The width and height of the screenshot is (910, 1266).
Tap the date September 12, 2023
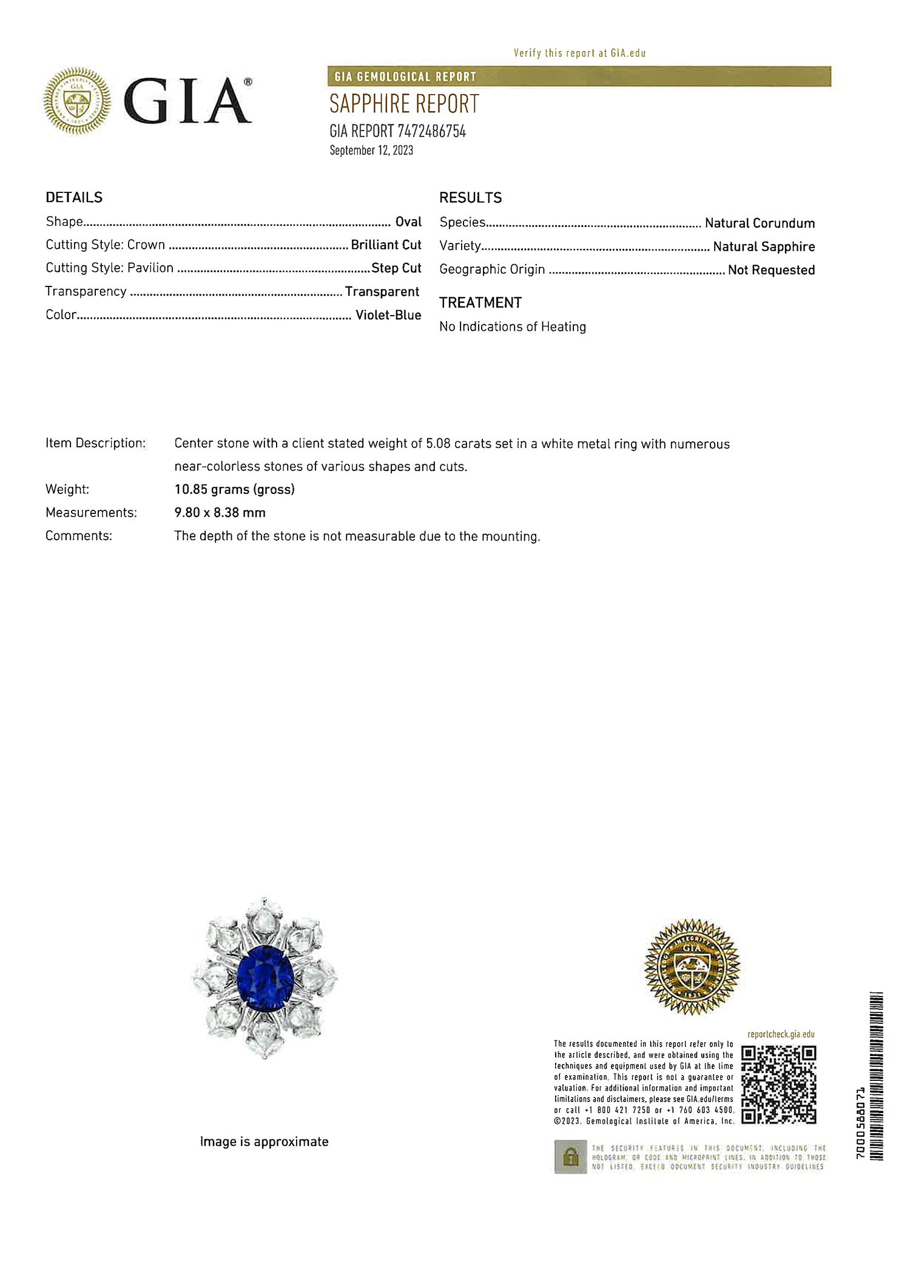tap(371, 151)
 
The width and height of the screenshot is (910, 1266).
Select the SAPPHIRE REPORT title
tap(404, 104)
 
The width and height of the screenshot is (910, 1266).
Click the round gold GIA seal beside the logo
tap(77, 101)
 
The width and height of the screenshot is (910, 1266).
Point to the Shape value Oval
tap(408, 222)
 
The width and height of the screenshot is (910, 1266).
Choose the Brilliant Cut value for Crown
tap(386, 245)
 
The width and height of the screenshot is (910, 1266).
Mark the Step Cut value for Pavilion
tap(396, 268)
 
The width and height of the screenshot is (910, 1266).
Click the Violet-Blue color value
tap(388, 315)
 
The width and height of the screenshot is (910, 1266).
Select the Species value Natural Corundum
tap(760, 223)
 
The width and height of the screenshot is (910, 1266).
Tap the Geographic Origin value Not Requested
tap(771, 270)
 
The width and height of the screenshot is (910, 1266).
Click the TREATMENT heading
tap(480, 303)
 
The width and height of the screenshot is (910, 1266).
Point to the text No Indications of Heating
tap(513, 327)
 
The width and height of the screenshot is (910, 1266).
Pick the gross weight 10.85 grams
tap(234, 489)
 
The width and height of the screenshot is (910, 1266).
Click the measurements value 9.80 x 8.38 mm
tap(220, 512)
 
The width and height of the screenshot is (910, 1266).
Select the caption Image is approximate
tap(264, 1142)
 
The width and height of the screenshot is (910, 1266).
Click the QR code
tap(779, 1085)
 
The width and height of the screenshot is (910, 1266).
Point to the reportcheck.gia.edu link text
tap(781, 1034)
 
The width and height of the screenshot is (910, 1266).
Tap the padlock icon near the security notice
tap(570, 1157)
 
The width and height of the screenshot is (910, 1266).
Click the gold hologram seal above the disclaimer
tap(692, 967)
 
